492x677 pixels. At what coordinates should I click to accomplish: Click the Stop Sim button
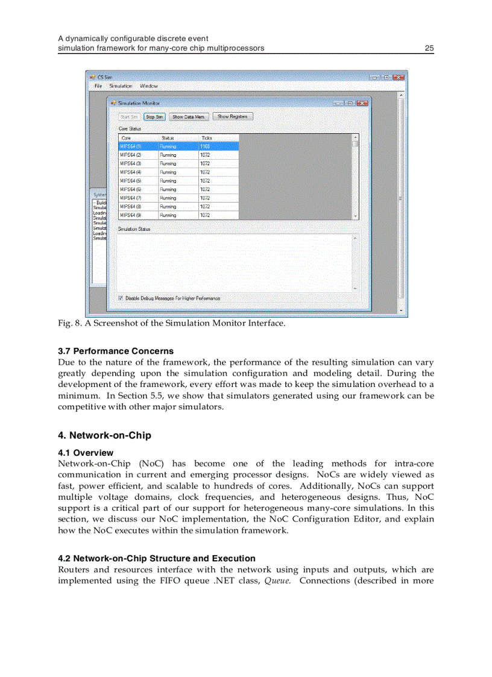155,117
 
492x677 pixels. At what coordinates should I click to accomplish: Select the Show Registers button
233,116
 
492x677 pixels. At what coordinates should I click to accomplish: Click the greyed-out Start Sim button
129,117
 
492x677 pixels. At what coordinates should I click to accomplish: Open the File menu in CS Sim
99,86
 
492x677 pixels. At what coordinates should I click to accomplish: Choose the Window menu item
149,86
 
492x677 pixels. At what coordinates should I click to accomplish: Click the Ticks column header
207,138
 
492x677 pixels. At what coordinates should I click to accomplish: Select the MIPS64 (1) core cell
131,146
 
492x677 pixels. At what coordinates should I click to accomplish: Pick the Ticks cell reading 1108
205,146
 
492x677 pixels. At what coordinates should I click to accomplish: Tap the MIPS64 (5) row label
131,181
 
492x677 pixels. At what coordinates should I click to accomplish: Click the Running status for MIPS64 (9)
168,215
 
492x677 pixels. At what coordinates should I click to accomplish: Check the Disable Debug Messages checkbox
121,298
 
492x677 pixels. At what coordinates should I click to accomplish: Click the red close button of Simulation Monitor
362,103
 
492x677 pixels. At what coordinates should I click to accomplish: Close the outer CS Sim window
398,77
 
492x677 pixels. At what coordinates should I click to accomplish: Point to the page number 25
429,48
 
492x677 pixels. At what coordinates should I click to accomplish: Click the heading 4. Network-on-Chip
104,435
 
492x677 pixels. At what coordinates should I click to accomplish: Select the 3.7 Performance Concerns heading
116,351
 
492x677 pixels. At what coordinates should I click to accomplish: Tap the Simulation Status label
134,229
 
